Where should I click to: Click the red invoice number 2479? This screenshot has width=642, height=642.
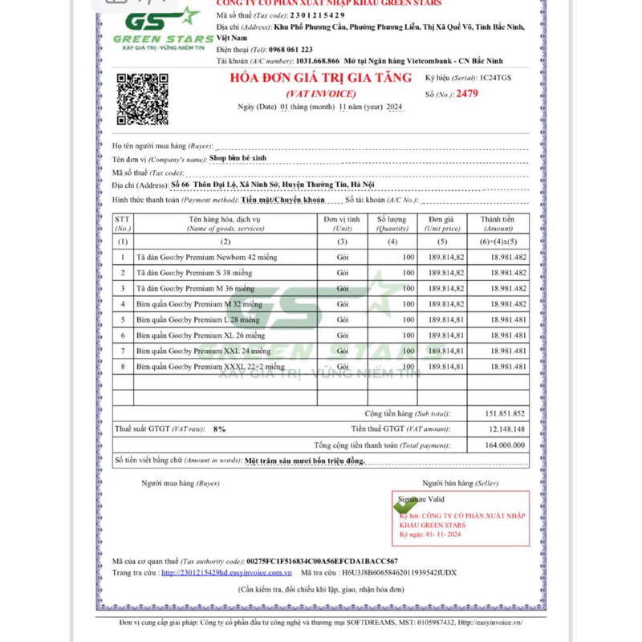pos(466,94)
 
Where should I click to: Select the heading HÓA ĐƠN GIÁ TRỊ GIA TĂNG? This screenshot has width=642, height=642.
pos(320,78)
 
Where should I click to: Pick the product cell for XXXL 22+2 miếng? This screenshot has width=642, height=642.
pos(210,366)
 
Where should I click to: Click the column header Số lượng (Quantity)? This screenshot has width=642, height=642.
pos(392,223)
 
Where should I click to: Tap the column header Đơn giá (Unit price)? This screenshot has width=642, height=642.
pos(441,223)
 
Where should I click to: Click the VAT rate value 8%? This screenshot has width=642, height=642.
pos(219,429)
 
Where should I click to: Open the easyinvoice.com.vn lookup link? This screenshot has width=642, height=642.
pos(226,572)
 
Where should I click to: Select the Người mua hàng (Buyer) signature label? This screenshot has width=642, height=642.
pos(180,483)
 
